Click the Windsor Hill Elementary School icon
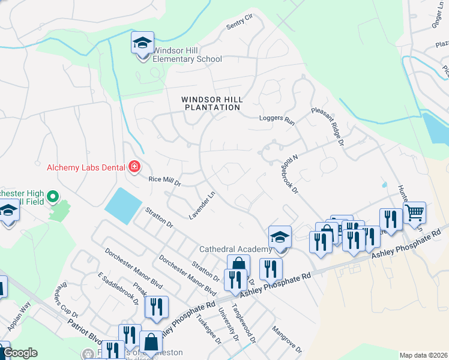143,44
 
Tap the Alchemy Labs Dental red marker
134,167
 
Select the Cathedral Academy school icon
280,237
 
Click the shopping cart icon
414,212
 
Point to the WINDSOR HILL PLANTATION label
211,103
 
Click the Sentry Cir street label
240,25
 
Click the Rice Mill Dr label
164,181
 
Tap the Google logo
19,353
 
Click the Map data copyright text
423,355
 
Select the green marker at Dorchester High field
52,196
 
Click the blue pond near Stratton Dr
124,205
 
